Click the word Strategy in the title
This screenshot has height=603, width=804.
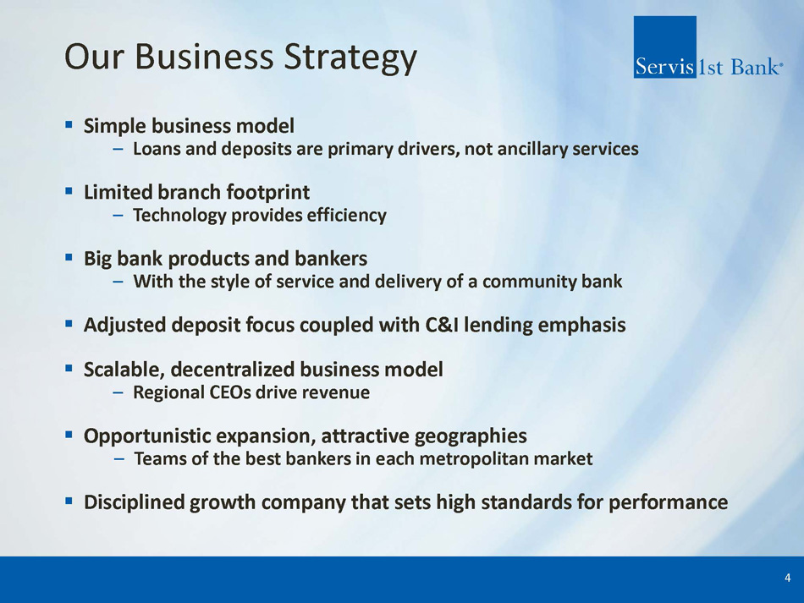[350, 58]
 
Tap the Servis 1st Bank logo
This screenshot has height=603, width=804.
[708, 47]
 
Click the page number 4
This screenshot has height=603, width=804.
[787, 578]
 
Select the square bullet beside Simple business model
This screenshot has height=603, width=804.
[69, 124]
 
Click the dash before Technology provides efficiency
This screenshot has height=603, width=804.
[118, 216]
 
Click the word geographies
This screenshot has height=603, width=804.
[471, 436]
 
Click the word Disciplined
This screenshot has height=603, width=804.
[134, 502]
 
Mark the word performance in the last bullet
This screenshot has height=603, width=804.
[668, 502]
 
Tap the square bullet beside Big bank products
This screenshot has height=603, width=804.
[69, 256]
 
